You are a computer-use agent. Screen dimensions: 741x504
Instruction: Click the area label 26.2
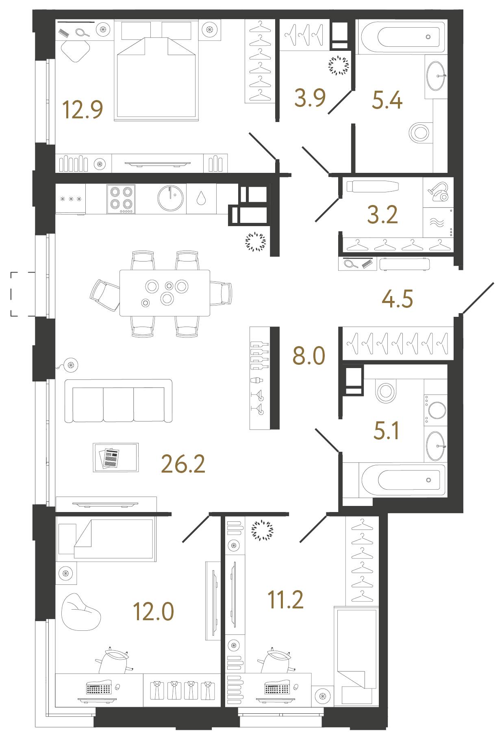click(183, 464)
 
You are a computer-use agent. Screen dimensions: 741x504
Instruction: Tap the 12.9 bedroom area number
click(83, 110)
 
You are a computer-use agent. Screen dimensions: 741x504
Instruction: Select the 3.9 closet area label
click(310, 98)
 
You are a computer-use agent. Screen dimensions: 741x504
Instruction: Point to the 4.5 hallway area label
click(397, 299)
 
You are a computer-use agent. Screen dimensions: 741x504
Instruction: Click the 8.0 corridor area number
click(309, 356)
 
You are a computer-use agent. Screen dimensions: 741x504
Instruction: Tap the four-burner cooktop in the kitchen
click(121, 199)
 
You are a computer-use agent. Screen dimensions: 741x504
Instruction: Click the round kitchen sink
click(170, 198)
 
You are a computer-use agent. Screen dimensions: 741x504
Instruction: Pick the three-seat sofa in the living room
click(118, 401)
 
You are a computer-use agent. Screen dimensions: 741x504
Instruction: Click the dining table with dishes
click(165, 293)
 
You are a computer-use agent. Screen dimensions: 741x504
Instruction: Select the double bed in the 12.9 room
click(156, 77)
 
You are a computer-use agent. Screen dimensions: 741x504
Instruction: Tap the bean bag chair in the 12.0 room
click(80, 612)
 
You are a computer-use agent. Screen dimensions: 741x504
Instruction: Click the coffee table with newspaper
click(116, 458)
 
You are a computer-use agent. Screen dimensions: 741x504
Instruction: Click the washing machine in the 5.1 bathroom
click(436, 409)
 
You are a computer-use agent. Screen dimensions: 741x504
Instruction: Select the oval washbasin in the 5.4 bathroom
click(436, 76)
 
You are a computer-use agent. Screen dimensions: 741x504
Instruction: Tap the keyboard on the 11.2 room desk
click(277, 689)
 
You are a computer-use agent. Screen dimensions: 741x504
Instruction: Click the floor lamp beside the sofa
click(71, 365)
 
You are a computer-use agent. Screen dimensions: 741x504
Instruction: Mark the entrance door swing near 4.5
click(478, 298)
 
